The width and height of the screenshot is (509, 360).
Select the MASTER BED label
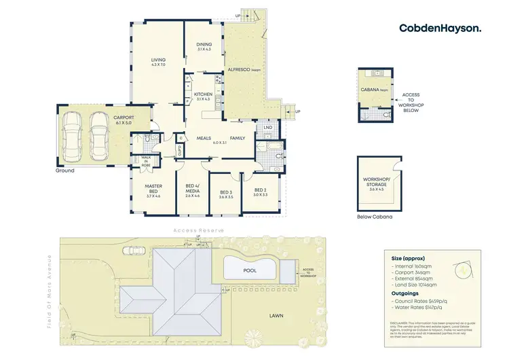[152, 190]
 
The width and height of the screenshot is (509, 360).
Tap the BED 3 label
[227, 194]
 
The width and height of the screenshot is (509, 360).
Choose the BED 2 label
[261, 192]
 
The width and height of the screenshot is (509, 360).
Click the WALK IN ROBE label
[146, 161]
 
